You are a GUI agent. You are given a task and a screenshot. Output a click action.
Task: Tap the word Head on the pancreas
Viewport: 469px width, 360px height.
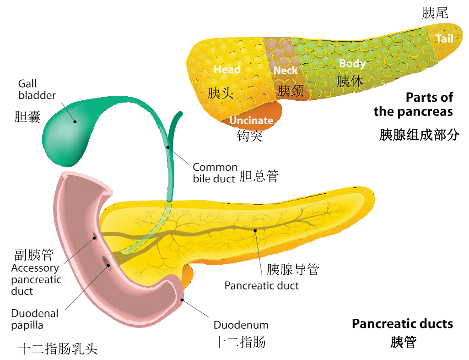[227, 70]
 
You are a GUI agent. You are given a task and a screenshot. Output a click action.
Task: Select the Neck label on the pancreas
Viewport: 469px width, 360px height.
[286, 71]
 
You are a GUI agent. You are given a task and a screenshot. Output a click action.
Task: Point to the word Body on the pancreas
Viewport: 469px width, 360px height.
[352, 64]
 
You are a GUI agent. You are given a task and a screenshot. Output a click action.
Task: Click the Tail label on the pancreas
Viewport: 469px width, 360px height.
[444, 38]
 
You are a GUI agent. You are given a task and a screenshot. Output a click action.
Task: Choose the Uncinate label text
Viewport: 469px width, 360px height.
[251, 120]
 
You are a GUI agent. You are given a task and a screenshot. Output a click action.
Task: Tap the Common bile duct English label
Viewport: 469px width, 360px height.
[215, 173]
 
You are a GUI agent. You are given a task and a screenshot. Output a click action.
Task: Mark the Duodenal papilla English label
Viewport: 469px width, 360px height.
[35, 319]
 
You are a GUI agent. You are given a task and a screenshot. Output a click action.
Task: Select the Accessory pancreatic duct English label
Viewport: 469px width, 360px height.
[36, 279]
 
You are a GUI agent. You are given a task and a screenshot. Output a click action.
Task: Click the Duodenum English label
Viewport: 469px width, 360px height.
[241, 325]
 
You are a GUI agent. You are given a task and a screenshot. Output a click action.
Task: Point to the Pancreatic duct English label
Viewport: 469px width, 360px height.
[262, 286]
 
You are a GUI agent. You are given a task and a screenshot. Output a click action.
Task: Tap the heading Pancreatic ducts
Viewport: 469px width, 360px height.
[402, 324]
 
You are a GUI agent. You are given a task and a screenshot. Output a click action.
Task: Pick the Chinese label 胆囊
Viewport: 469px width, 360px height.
[27, 117]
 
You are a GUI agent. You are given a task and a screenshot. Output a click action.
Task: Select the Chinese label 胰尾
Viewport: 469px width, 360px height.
[435, 13]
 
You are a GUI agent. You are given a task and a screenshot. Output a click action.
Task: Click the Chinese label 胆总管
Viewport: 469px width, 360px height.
[259, 176]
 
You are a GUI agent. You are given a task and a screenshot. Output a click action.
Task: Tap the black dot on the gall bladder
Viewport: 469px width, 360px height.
[75, 121]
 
